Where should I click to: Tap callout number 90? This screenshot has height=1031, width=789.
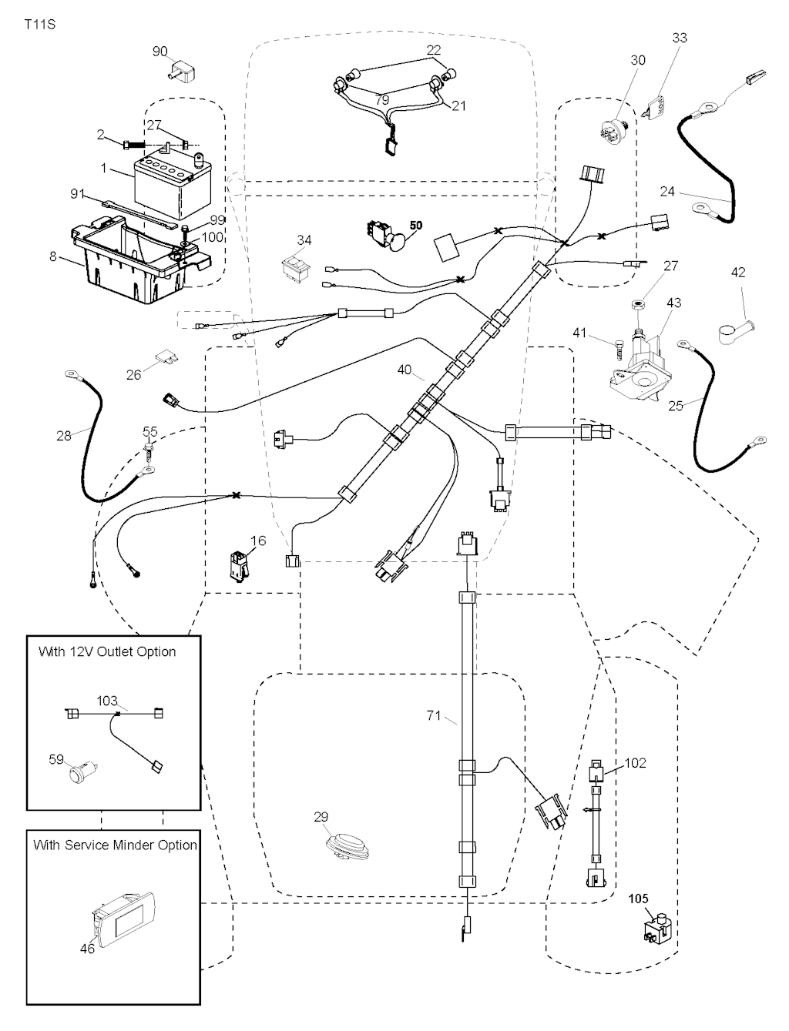point(159,52)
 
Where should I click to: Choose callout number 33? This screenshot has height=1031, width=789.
point(680,38)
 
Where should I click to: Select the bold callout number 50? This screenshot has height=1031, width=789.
point(416,226)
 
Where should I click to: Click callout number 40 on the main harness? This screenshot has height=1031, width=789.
point(405,370)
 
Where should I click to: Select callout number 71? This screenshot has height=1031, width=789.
point(434,715)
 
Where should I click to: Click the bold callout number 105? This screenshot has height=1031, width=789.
point(639,898)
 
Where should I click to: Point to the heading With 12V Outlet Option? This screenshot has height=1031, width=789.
point(107,651)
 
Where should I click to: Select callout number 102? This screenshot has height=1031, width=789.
point(636,763)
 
